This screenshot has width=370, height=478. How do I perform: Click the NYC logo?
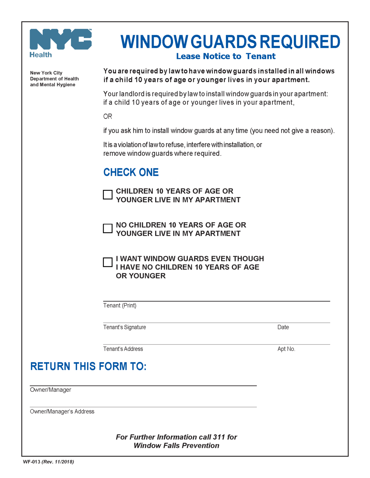(60, 39)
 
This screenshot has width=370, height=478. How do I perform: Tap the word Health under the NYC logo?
(41, 55)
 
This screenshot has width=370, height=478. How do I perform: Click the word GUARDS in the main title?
(223, 42)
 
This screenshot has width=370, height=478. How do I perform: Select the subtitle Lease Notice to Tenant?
(226, 56)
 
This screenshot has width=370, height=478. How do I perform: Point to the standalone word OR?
(108, 116)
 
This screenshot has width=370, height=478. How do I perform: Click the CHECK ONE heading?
(131, 172)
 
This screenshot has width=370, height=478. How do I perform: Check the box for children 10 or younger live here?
(108, 194)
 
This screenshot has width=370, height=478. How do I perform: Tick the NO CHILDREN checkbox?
(108, 228)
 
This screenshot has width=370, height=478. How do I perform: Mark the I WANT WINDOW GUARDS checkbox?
(108, 262)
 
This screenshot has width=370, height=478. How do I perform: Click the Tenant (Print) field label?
(120, 306)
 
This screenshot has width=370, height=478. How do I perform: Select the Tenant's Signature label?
(124, 327)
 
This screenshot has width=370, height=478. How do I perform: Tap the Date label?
(283, 327)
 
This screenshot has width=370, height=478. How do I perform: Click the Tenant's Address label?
(123, 349)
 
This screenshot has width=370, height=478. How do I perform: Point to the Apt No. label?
(286, 349)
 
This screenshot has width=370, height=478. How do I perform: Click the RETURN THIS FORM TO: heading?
(88, 366)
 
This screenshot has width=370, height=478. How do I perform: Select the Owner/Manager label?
(50, 390)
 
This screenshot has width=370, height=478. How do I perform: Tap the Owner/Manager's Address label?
(62, 411)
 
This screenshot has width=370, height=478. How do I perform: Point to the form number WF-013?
(31, 462)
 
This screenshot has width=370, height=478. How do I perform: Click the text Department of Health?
(54, 79)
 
